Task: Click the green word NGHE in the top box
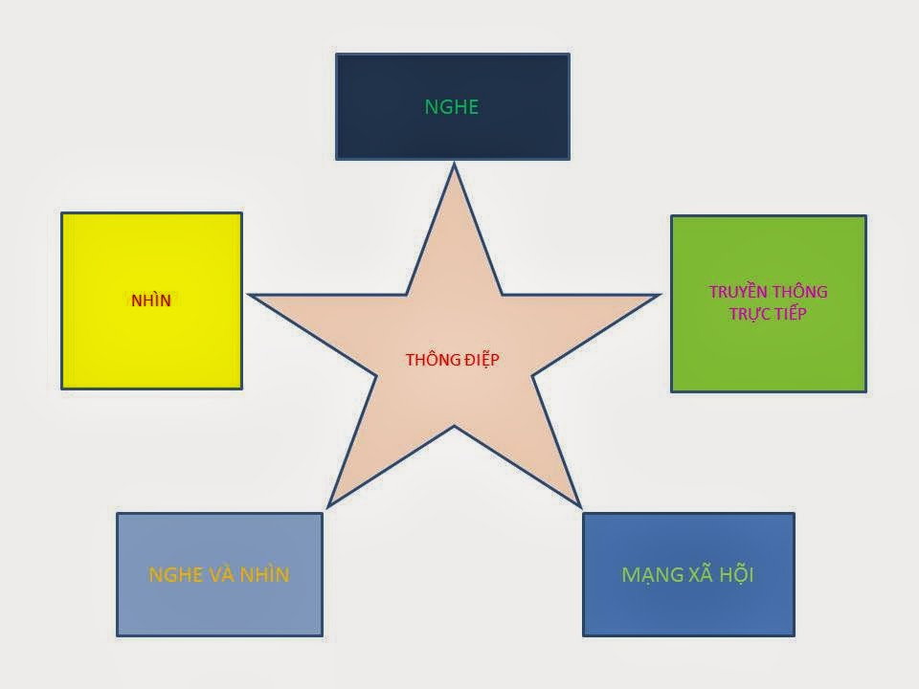[x=451, y=106]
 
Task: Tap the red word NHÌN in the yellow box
[x=151, y=300]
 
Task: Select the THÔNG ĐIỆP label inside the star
[x=453, y=360]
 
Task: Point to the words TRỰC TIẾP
[x=768, y=313]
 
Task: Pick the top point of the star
[x=454, y=166]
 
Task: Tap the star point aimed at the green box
[x=658, y=295]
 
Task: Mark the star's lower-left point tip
[x=329, y=504]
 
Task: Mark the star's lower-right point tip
[x=579, y=504]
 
